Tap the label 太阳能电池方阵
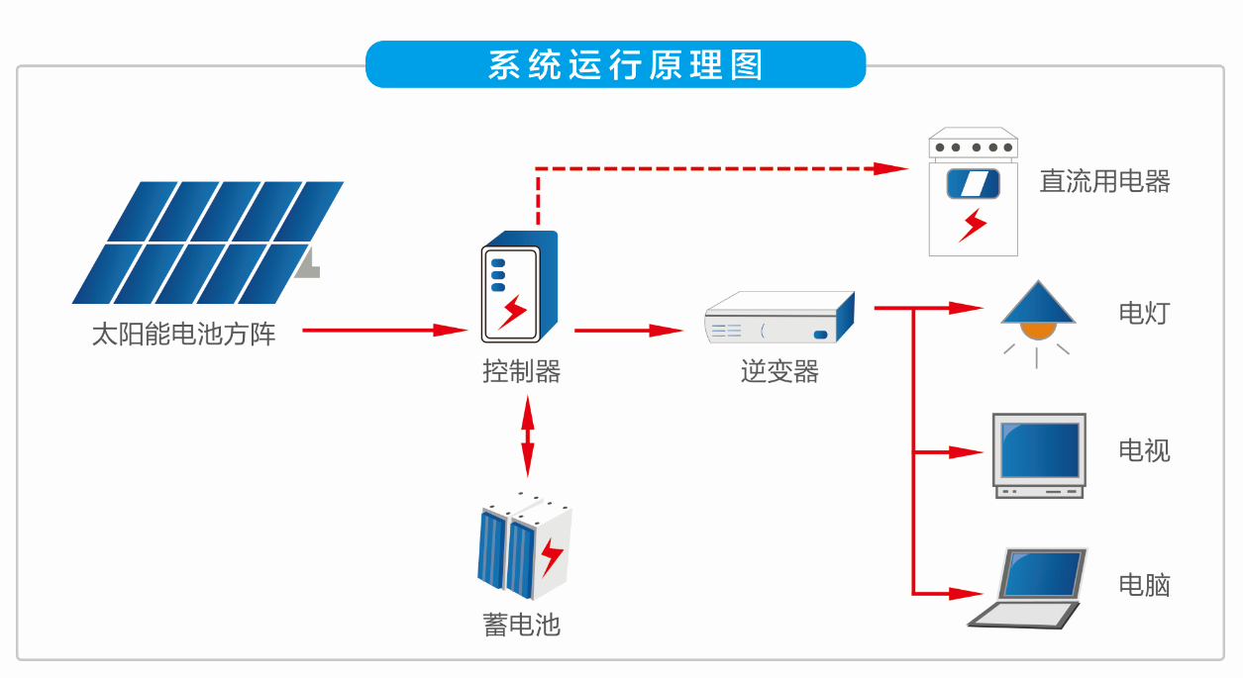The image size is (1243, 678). click(x=183, y=334)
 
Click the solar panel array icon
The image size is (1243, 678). click(x=208, y=242)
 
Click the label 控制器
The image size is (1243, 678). click(x=522, y=371)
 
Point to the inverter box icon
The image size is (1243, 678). click(x=778, y=318)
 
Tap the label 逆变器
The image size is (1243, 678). click(x=779, y=371)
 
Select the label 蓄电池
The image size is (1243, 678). click(x=522, y=625)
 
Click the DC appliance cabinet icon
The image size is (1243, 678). click(x=974, y=192)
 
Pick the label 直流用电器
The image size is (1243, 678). click(x=1104, y=181)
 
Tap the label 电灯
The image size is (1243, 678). click(x=1144, y=314)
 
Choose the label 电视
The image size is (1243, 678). click(x=1144, y=450)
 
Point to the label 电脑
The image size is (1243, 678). click(x=1144, y=585)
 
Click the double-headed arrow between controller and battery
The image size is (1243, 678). click(x=527, y=436)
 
